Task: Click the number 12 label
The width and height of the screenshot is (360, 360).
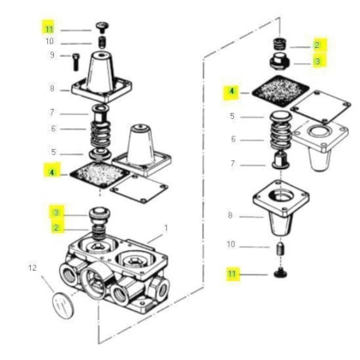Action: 33,267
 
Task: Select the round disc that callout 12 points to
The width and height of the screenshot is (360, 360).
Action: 63,305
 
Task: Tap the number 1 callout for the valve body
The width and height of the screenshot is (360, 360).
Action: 165,228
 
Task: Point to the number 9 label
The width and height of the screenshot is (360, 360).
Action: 52,55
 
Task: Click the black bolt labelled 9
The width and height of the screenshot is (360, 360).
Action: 76,62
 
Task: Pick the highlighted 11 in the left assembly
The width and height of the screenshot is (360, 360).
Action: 49,29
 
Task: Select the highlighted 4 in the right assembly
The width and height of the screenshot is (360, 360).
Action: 231,91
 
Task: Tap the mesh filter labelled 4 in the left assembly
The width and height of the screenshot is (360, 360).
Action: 99,174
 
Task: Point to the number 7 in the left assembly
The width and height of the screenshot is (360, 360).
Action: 51,112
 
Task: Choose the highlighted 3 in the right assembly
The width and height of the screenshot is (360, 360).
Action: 318,62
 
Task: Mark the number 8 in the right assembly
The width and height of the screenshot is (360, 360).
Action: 231,215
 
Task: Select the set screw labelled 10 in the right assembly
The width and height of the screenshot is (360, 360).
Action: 281,249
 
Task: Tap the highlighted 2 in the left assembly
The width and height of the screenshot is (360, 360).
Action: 57,228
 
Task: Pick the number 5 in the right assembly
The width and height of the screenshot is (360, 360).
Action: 232,116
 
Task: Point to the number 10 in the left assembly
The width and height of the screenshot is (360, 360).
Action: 50,41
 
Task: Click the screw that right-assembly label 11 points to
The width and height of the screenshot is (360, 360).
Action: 280,273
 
